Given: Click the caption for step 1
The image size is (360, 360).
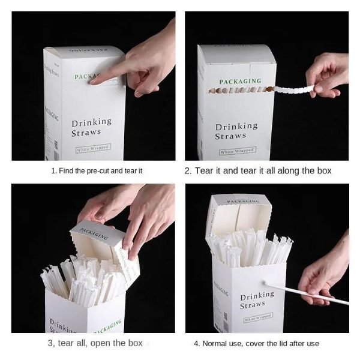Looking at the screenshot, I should [97, 170].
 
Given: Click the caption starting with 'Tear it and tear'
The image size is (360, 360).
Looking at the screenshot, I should [258, 170].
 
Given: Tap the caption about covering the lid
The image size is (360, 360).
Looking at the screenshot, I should [256, 343].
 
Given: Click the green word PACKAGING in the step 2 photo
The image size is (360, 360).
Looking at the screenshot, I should [240, 81].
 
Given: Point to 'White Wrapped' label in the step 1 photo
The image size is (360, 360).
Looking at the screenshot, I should [92, 149].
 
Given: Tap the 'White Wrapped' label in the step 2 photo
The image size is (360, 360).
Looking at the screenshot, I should [236, 150].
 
